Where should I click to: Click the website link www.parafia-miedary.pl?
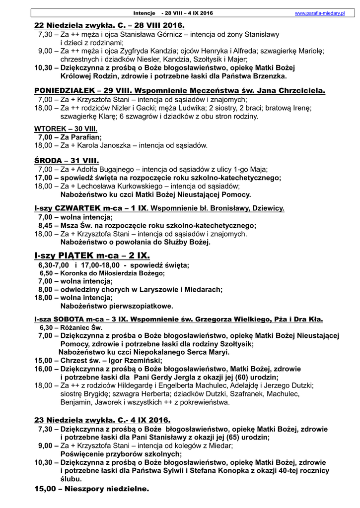[320, 13]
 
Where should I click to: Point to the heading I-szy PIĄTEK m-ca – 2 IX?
[92, 255]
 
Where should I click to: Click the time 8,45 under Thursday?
[46, 225]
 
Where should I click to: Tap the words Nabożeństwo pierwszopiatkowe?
[116, 306]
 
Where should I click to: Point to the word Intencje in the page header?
[144, 13]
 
